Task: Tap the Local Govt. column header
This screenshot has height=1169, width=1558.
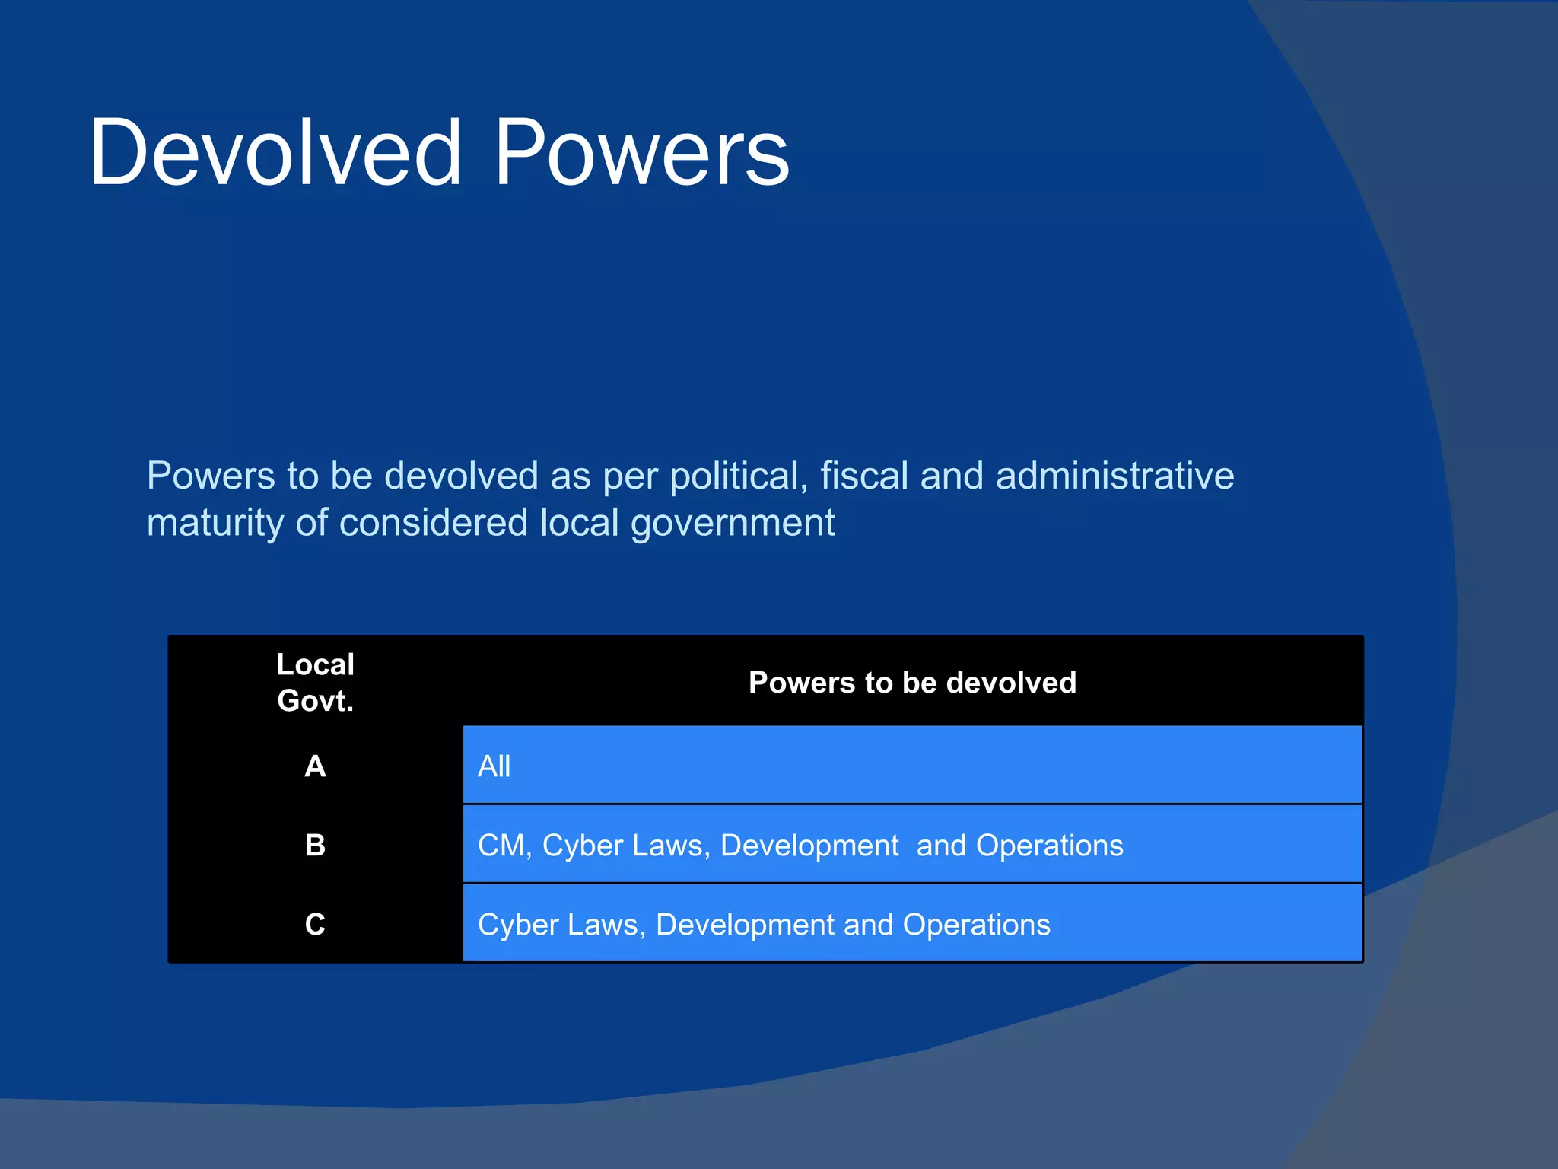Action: coord(315,682)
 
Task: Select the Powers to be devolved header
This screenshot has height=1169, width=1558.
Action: coord(912,683)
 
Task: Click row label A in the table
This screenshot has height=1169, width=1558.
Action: coord(315,766)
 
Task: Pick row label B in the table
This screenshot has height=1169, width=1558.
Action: coord(315,845)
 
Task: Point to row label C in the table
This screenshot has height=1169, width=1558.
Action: coord(315,924)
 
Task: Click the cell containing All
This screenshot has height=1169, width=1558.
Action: coord(494,766)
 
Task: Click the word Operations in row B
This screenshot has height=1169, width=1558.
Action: coord(1049,846)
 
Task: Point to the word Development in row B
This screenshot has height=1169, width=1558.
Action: coord(809,846)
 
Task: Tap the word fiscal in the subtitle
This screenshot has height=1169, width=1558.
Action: coord(863,476)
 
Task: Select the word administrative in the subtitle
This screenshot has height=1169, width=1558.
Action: coord(1114,476)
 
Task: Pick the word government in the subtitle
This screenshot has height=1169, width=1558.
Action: coord(733,524)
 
